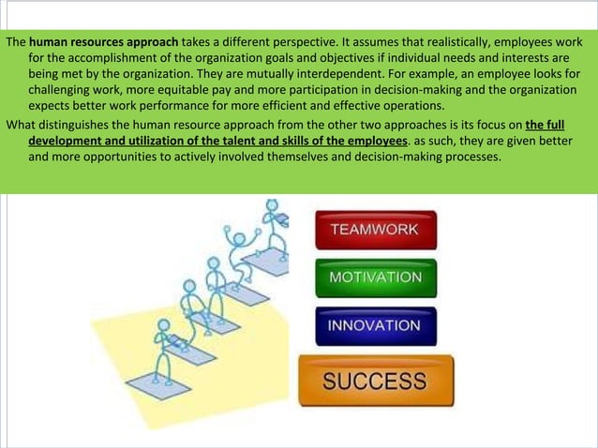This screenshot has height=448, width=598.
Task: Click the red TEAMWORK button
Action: click(x=375, y=230)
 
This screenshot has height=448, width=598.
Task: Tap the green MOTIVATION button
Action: click(x=375, y=278)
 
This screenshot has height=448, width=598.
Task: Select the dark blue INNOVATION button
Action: click(x=375, y=326)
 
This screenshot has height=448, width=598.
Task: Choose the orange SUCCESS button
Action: click(x=375, y=381)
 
